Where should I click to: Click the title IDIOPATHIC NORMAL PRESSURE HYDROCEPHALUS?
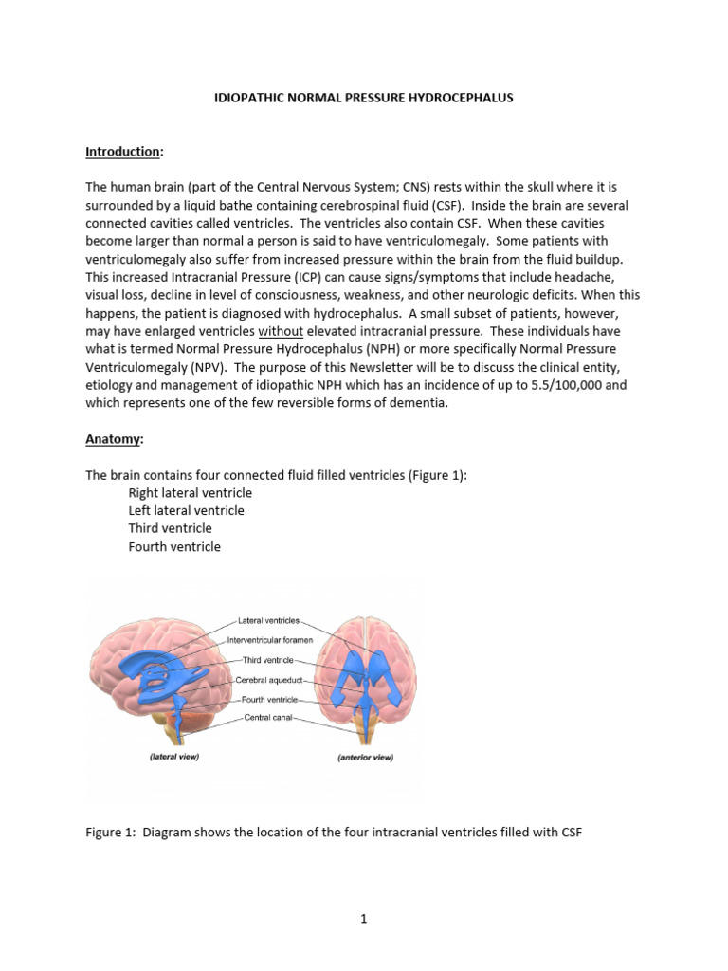coord(364,98)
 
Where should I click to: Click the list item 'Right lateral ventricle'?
coord(190,493)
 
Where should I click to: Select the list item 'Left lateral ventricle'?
coord(186,511)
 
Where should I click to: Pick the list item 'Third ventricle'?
coord(170,528)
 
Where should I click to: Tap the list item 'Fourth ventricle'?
coord(174,546)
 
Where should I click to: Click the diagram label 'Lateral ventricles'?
coord(267,621)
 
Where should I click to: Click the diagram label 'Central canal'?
coord(268,718)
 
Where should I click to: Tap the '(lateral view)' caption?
coord(174,758)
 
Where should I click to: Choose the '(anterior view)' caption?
coord(365,758)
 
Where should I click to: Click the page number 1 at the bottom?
coord(364,919)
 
